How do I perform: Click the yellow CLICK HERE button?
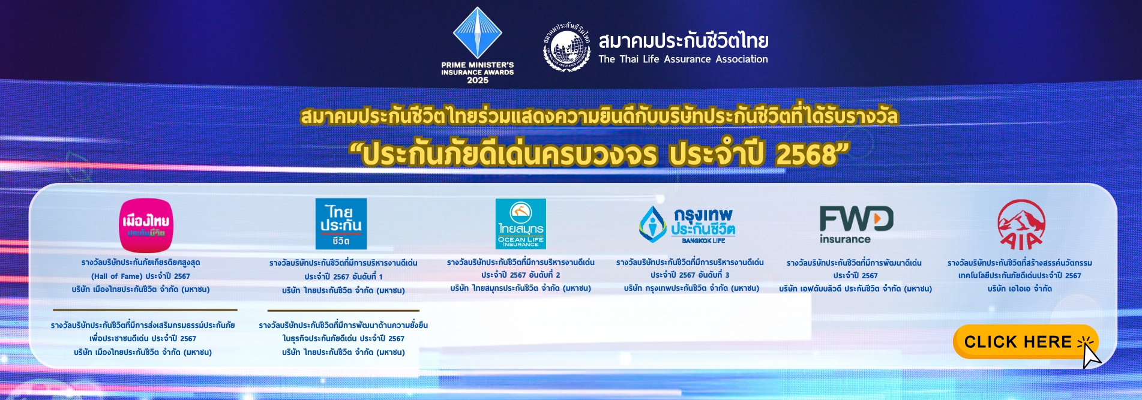tap(1025, 342)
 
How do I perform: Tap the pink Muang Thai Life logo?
tap(146, 225)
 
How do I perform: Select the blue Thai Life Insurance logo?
tap(341, 224)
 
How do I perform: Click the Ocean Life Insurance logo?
tap(520, 224)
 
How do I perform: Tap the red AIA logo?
tap(1021, 225)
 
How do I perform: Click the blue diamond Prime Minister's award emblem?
tap(478, 32)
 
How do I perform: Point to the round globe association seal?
tap(567, 47)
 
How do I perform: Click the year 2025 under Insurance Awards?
tap(478, 80)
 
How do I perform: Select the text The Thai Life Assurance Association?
tap(683, 59)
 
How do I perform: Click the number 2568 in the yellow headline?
tap(806, 155)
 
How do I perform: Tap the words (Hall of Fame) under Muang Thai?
tap(116, 276)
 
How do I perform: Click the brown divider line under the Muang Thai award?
tap(145, 310)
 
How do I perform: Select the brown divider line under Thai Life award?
tap(343, 311)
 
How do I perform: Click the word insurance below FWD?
tap(845, 239)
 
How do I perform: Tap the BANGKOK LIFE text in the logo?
tap(703, 240)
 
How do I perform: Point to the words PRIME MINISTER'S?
tap(478, 65)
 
